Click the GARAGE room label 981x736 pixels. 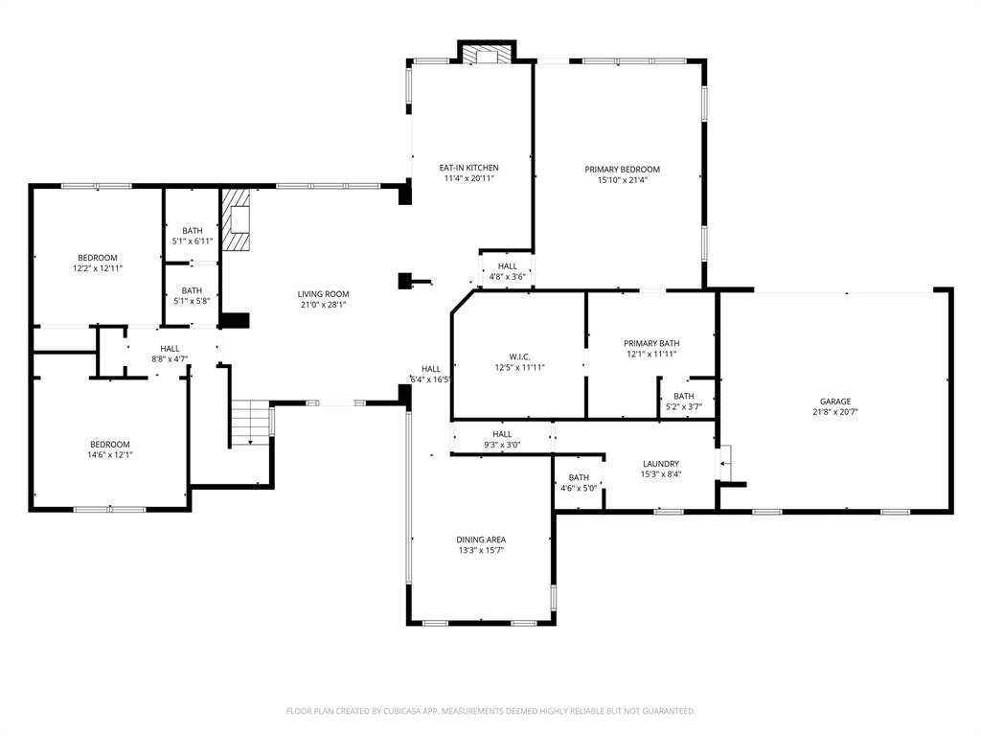(x=834, y=402)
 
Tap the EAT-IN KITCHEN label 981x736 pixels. (x=468, y=168)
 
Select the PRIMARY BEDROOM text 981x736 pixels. (x=622, y=170)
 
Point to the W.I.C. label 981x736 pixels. (x=519, y=356)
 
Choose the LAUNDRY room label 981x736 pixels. (x=660, y=464)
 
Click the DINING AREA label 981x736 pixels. (x=481, y=540)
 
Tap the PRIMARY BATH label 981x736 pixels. (x=651, y=343)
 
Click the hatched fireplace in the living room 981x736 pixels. (x=237, y=219)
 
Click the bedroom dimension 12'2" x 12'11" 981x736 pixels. (x=97, y=269)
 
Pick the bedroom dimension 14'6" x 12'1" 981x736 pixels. (x=110, y=455)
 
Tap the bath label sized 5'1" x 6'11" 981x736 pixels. (x=193, y=230)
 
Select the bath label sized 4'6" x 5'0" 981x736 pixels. (x=579, y=477)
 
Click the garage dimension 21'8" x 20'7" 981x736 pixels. (x=834, y=412)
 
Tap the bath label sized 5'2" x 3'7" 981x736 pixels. (x=683, y=396)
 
